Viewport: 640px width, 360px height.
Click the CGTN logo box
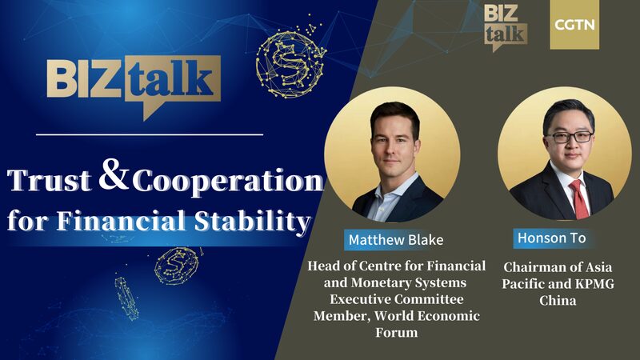(x=574, y=25)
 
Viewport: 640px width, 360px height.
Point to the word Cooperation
(x=228, y=182)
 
